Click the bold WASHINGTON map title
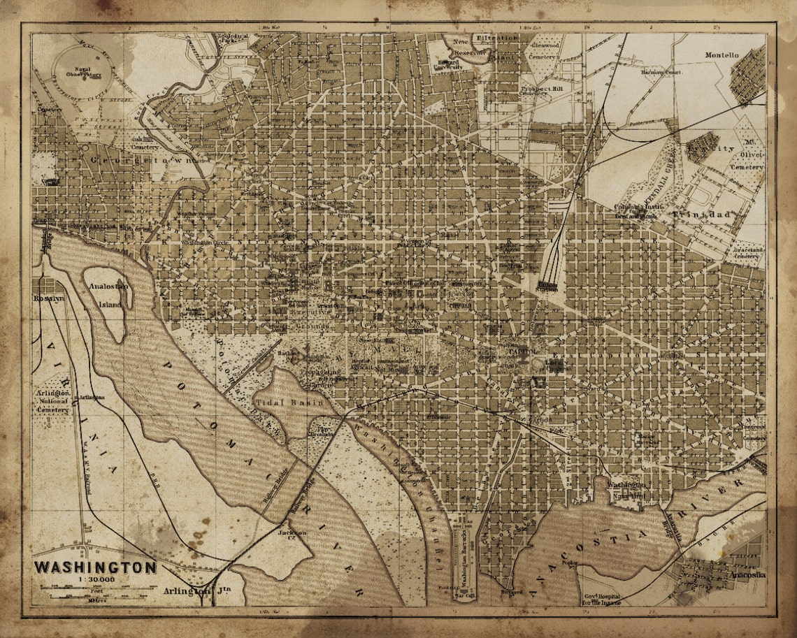tap(96, 567)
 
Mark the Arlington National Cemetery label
tap(52, 402)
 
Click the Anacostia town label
tap(747, 575)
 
